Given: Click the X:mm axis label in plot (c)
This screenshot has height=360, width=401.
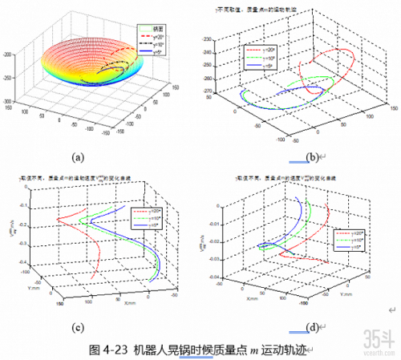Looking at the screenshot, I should point(118,305).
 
